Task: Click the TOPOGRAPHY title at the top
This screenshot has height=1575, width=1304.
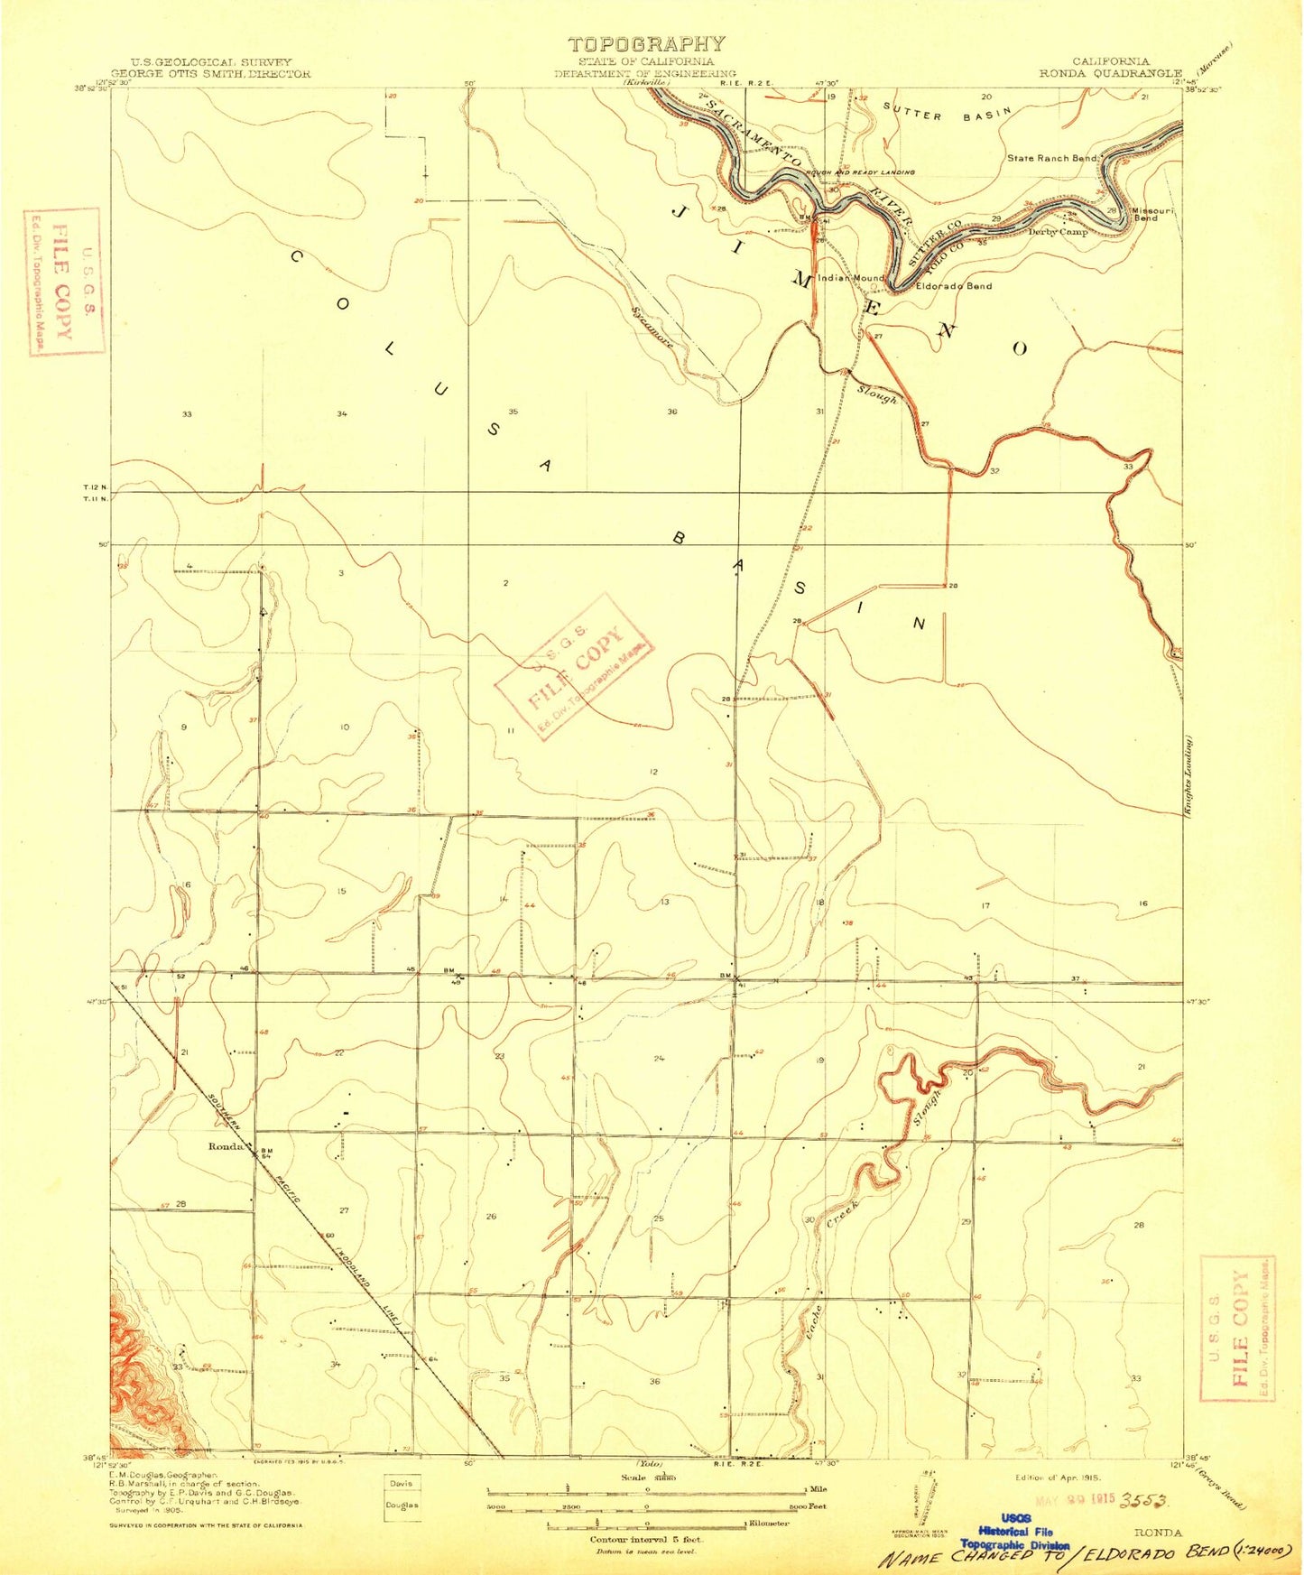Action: coord(646,43)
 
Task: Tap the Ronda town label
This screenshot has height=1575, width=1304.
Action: coord(226,1146)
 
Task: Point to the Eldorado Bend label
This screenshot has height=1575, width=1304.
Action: coord(953,286)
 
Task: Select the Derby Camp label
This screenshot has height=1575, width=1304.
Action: coord(1059,231)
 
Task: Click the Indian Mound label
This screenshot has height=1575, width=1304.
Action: coord(851,278)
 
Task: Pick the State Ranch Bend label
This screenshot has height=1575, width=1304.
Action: coord(1052,158)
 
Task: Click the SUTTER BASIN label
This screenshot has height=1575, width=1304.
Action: coord(948,115)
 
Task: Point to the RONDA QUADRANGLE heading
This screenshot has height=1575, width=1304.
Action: coord(1110,73)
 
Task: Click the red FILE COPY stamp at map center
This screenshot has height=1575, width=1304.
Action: coord(574,666)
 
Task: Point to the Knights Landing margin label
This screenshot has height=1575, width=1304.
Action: coord(1191,776)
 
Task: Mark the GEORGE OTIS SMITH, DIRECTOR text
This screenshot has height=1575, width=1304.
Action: coord(210,73)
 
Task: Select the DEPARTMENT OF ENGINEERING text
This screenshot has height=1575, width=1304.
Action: coord(645,73)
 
